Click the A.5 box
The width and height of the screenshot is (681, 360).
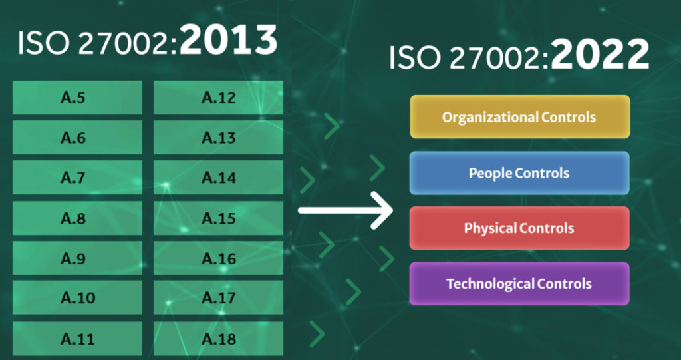click(x=77, y=98)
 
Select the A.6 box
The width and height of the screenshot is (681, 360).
click(x=77, y=138)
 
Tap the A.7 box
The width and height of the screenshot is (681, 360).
click(x=77, y=178)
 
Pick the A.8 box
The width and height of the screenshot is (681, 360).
click(x=77, y=218)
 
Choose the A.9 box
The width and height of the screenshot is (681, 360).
click(x=77, y=258)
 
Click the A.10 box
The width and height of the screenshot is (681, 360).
click(x=77, y=298)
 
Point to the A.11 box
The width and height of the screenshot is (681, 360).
click(x=77, y=339)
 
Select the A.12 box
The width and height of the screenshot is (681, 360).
click(x=218, y=98)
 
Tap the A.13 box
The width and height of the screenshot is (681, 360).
click(x=218, y=138)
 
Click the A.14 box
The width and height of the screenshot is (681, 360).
click(x=218, y=178)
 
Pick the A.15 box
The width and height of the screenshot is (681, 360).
click(x=218, y=218)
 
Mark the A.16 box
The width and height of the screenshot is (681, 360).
click(x=218, y=258)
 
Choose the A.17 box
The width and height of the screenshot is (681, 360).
click(x=218, y=298)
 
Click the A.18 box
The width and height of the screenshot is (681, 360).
click(x=218, y=339)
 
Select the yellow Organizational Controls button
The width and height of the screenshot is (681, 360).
click(x=519, y=117)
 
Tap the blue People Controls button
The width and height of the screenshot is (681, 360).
click(x=519, y=173)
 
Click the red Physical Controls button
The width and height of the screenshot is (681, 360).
click(x=519, y=228)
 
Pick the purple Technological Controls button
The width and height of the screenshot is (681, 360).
click(x=519, y=283)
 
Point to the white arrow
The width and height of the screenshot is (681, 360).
click(x=346, y=210)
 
